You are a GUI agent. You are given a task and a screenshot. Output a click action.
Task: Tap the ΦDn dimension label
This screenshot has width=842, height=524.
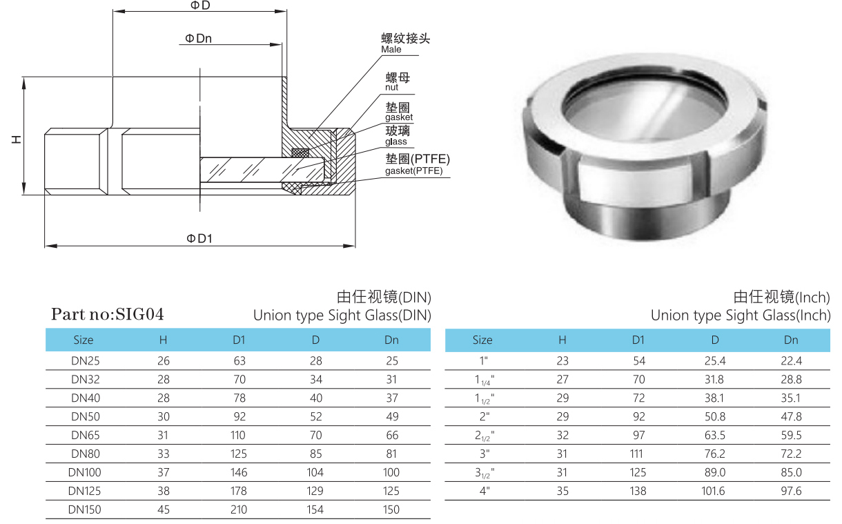point(198,39)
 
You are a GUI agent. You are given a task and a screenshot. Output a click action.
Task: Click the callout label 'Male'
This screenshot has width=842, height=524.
point(391,50)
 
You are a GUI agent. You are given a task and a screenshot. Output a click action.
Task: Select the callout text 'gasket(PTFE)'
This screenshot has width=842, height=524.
point(414,171)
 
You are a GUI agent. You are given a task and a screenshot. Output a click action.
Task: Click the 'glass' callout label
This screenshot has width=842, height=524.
point(396,142)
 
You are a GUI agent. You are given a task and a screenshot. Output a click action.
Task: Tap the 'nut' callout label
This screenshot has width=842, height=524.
point(391,88)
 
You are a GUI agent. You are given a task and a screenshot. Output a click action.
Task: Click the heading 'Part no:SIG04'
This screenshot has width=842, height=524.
point(108,314)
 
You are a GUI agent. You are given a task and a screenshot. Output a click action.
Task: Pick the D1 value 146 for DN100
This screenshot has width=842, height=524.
point(239,472)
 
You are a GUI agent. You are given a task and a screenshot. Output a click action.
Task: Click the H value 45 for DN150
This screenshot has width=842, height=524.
point(163,510)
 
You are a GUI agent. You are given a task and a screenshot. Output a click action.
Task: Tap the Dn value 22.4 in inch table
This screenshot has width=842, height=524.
point(791,360)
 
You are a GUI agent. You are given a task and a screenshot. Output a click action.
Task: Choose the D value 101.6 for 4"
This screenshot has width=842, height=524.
point(714,491)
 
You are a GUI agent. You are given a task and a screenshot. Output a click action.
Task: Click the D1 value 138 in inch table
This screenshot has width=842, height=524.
point(638,491)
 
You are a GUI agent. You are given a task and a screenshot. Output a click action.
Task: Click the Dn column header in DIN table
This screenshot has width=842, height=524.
point(391,340)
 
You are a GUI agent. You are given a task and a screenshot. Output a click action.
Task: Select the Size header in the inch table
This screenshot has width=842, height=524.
point(482,340)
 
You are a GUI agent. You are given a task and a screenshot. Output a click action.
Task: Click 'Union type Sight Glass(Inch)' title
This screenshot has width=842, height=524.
point(740,316)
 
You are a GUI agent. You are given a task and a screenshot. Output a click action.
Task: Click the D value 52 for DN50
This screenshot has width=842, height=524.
point(315,416)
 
